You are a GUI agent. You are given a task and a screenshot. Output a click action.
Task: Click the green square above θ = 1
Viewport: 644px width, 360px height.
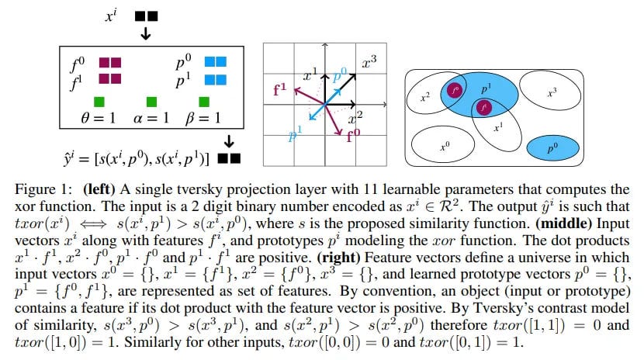[99, 101]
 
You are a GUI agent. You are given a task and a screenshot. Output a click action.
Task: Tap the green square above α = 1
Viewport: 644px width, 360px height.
[151, 101]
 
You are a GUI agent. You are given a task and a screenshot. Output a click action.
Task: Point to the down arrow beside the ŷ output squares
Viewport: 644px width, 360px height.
[229, 140]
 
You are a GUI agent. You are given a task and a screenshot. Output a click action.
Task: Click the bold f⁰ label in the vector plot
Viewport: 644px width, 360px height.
[354, 133]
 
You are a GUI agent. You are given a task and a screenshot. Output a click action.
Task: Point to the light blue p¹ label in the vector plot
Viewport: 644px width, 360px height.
[294, 137]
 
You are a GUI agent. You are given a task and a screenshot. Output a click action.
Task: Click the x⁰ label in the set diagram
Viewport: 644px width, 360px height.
[444, 144]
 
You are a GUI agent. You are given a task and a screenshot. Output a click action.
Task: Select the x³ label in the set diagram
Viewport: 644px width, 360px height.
[552, 92]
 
